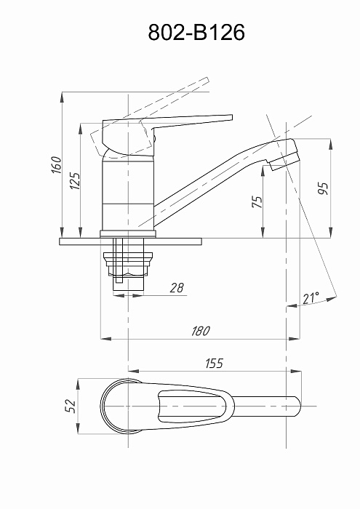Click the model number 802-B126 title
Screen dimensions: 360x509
pos(196,33)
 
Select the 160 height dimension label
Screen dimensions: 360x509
pos(57,165)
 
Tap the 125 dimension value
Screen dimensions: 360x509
pos(75,181)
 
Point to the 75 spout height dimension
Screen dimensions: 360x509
pos(257,202)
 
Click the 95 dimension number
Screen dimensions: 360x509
pos(323,188)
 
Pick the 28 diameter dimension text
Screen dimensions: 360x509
pos(177,288)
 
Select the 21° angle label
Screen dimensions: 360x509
pos(311,297)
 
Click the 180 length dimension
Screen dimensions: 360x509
pos(201,331)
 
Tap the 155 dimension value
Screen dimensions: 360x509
pos(215,364)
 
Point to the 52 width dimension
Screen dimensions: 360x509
pos(71,406)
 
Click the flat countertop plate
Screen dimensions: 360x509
pos(130,241)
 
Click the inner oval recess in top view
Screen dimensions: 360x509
pos(191,406)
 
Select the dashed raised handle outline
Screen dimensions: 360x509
pos(149,117)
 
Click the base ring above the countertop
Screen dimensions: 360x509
pos(128,233)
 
